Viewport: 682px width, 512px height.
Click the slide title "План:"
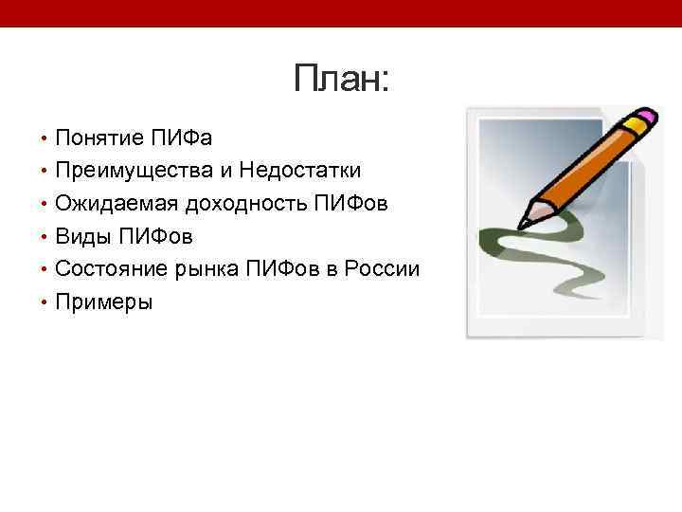tap(341, 79)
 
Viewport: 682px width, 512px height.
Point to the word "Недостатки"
tap(300, 171)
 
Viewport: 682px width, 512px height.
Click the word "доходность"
tap(244, 203)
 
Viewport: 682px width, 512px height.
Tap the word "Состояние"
tap(112, 269)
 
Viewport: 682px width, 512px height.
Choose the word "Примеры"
tap(103, 302)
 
